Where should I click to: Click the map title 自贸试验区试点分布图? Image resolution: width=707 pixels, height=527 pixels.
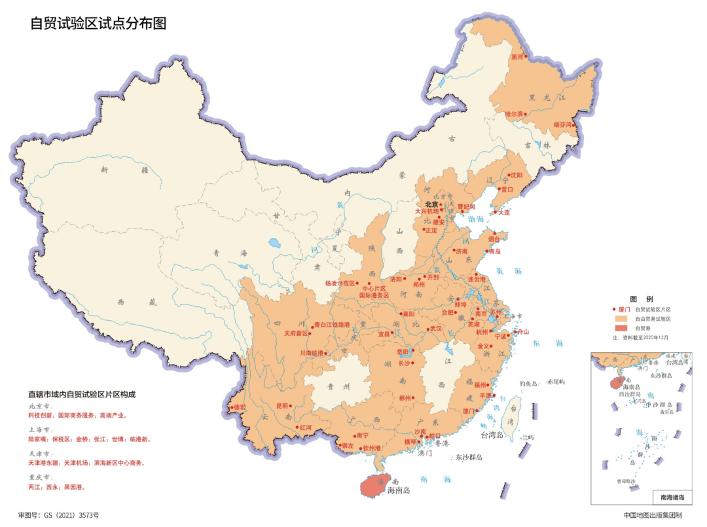98,24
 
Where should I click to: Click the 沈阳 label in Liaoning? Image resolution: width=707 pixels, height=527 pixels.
517,175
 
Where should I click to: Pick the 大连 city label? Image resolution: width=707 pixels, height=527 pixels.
503,212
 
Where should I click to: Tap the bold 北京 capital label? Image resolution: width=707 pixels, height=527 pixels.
431,204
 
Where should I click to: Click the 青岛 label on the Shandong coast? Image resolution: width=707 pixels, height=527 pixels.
494,251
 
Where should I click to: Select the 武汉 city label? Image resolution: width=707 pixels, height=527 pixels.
436,328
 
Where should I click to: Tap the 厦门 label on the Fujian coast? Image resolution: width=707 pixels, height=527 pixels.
469,411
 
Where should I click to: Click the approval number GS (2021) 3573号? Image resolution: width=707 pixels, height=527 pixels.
59,515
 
